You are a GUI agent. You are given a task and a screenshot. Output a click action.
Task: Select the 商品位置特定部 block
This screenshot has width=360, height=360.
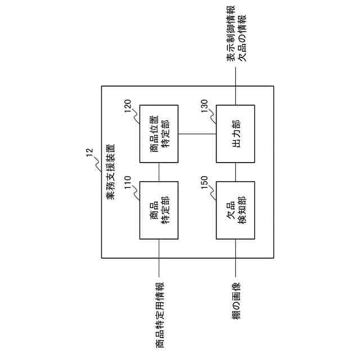tap(159, 133)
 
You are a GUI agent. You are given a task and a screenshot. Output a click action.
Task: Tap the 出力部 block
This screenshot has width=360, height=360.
tap(235, 133)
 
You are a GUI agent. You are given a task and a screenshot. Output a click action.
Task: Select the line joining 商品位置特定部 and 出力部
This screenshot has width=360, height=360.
tap(197, 133)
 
